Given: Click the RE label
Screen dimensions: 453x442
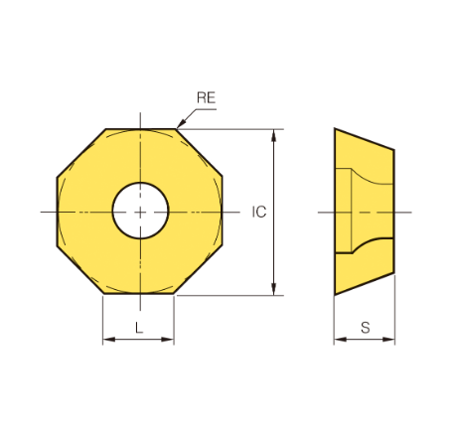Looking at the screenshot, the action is [x=206, y=97].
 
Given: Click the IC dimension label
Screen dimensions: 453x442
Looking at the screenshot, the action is [x=259, y=212].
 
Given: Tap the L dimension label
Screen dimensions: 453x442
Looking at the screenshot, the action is [x=139, y=328].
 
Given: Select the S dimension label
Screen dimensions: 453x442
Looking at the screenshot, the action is [x=366, y=328].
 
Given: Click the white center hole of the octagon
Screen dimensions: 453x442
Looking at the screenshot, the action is [x=141, y=211].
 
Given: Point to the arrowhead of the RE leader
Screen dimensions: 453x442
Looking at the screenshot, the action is [x=181, y=124].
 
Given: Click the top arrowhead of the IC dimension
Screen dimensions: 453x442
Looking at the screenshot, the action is [x=273, y=135].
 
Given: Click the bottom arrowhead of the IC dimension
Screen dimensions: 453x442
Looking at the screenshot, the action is [x=273, y=289].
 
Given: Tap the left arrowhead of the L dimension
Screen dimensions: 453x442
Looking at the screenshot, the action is [x=109, y=340].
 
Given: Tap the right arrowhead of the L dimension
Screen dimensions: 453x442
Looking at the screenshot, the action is [x=168, y=340].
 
